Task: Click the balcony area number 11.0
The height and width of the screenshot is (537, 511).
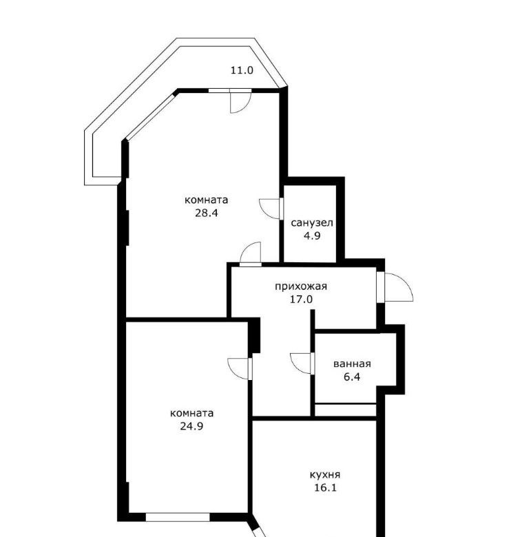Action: [242, 70]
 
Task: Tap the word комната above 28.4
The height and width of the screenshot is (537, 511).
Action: [206, 200]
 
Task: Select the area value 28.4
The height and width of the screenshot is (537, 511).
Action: [207, 213]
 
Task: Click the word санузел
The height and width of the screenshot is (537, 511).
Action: [312, 223]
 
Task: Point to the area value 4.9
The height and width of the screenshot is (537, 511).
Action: [312, 236]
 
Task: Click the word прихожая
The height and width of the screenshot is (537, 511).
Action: [301, 286]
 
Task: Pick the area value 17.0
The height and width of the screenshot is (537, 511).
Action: [301, 299]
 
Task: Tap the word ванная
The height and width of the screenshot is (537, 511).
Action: [352, 364]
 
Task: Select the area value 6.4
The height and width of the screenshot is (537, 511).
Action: [352, 377]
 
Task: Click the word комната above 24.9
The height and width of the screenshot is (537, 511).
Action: [191, 413]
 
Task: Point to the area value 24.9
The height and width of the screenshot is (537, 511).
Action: [191, 426]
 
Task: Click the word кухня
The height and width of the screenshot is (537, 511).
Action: [325, 475]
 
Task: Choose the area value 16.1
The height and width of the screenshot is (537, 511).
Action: [325, 487]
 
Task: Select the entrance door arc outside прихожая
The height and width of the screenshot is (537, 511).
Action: [407, 283]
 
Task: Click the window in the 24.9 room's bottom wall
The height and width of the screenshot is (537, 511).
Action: [178, 517]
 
